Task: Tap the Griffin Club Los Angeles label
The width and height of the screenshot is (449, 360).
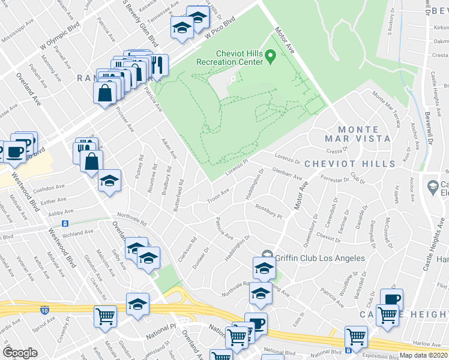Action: [x=319, y=258]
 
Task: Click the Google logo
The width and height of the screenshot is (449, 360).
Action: [x=20, y=352]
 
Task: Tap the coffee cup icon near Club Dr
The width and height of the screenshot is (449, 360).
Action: [x=391, y=299]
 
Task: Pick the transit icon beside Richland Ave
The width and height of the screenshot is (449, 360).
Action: [x=64, y=223]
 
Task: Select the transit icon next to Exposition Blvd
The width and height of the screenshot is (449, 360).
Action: [x=349, y=350]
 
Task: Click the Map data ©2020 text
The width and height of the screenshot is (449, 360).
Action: [x=424, y=355]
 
